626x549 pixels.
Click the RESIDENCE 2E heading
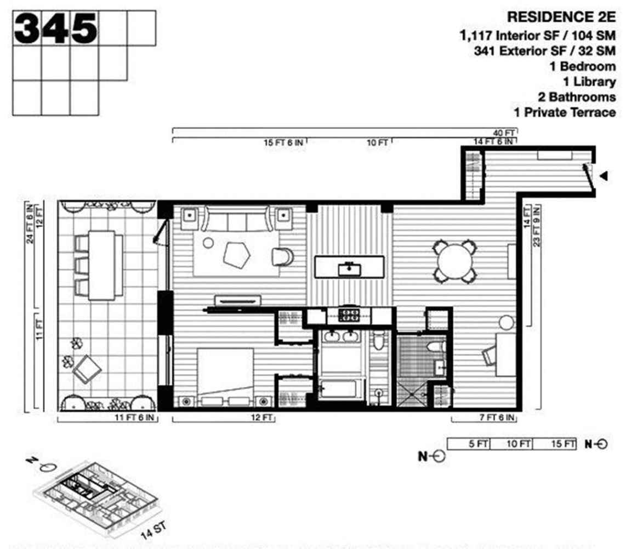(561, 17)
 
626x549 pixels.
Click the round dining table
(454, 261)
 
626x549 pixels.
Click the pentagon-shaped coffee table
(236, 255)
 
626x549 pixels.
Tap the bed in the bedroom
(225, 377)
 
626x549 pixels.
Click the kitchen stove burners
(349, 315)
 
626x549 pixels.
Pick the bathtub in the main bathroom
(341, 389)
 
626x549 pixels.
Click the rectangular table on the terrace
(101, 265)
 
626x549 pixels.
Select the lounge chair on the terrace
(86, 368)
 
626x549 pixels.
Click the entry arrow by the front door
(604, 176)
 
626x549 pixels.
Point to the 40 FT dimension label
(504, 133)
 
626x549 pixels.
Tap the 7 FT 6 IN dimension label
(497, 418)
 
